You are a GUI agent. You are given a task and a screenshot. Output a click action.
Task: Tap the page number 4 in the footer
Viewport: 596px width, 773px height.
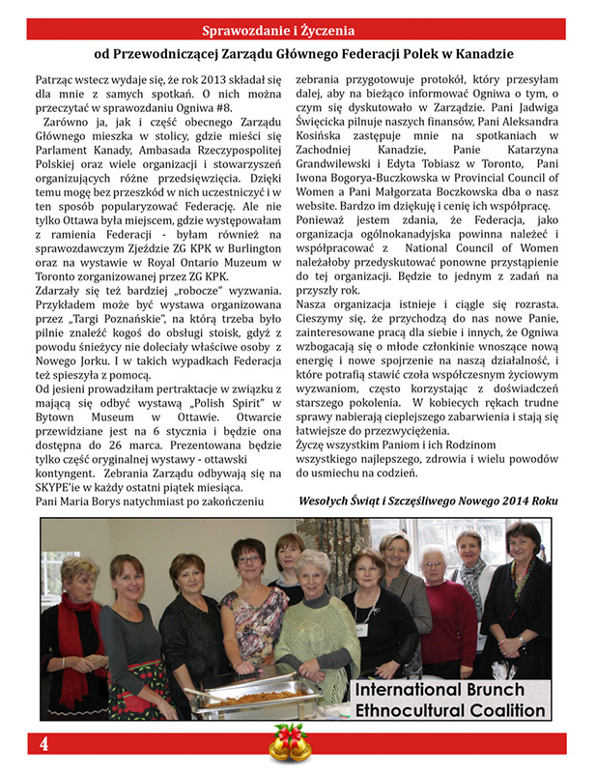43,744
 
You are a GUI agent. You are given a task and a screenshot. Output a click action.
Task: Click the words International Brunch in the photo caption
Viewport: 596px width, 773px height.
439,691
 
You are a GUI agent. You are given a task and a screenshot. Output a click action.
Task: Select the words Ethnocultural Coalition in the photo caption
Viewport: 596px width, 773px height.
448,713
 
